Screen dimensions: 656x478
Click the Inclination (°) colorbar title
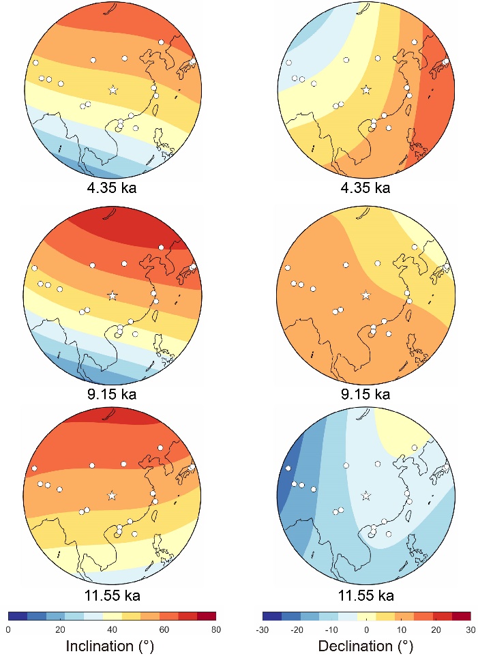coord(111,644)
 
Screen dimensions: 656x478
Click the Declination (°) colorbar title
coord(366,644)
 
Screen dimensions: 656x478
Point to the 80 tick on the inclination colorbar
coord(215,629)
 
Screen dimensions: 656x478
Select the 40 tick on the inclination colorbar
coord(112,629)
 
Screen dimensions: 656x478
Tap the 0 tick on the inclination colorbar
coord(8,629)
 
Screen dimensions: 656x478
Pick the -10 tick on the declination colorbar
coord(332,629)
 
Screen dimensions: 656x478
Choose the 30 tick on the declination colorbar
coord(470,629)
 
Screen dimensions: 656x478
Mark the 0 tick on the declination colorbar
coord(367,629)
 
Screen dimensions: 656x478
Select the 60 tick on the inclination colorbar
coord(164,629)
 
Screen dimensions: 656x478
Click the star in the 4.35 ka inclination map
coord(113,89)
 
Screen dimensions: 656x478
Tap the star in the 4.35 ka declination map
coord(366,89)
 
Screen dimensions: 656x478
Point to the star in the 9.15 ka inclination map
coord(113,295)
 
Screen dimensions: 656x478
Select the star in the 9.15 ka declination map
coord(366,295)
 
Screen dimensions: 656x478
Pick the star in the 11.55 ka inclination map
coord(112,496)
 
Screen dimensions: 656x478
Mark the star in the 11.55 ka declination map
coord(366,496)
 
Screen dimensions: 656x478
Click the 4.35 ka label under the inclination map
coord(112,188)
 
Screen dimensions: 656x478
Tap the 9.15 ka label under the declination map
coord(365,394)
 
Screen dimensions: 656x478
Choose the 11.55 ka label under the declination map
coord(365,596)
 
